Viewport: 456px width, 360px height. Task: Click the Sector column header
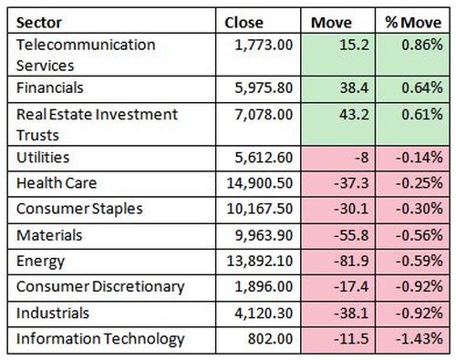pyautogui.click(x=39, y=23)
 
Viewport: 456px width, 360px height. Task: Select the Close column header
pyautogui.click(x=244, y=23)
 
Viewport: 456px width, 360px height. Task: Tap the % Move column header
pyautogui.click(x=413, y=23)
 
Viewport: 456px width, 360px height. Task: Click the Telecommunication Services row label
pyautogui.click(x=86, y=55)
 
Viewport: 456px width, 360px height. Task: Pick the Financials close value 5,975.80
pyautogui.click(x=264, y=88)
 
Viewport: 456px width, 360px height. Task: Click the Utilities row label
pyautogui.click(x=43, y=158)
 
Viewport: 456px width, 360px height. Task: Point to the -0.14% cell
pyautogui.click(x=420, y=158)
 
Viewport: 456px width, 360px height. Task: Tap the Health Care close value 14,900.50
pyautogui.click(x=260, y=183)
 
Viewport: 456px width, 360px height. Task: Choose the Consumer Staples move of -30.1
pyautogui.click(x=351, y=209)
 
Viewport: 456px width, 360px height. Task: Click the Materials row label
pyautogui.click(x=49, y=235)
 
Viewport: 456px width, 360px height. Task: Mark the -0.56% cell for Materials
pyautogui.click(x=420, y=235)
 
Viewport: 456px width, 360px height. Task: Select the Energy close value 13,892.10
pyautogui.click(x=260, y=261)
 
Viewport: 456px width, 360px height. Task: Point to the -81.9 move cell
pyautogui.click(x=351, y=261)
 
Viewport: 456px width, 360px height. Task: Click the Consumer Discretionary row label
pyautogui.click(x=100, y=287)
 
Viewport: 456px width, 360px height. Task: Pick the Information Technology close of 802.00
pyautogui.click(x=270, y=339)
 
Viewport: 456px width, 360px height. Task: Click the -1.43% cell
pyautogui.click(x=420, y=339)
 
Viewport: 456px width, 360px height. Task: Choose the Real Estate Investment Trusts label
pyautogui.click(x=97, y=125)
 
